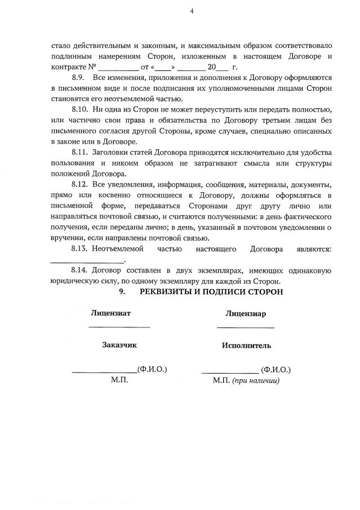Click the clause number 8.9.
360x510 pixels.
(x=80, y=77)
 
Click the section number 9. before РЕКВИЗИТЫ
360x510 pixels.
(x=121, y=292)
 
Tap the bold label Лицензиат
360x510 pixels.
(x=110, y=313)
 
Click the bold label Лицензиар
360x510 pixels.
(x=246, y=313)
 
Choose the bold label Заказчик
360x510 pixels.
(x=119, y=345)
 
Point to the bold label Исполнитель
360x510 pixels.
(x=246, y=345)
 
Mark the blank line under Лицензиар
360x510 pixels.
(x=246, y=327)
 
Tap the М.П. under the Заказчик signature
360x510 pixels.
(x=119, y=380)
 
